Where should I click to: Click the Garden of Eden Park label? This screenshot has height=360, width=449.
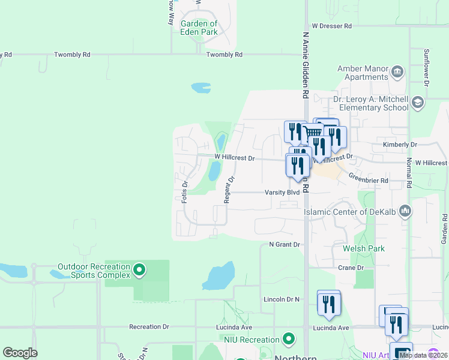tap(199, 28)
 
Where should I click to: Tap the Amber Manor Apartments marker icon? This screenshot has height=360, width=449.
tap(397, 73)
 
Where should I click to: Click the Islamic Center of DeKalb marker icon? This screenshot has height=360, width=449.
tap(406, 211)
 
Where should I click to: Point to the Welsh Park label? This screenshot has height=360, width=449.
tap(364, 248)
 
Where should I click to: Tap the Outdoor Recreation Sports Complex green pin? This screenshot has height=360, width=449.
tap(139, 271)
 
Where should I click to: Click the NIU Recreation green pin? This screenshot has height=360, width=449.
tap(289, 339)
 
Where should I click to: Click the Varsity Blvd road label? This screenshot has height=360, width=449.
tap(282, 193)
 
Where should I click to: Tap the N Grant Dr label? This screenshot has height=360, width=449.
tap(284, 245)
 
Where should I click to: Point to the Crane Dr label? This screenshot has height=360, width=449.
tap(351, 268)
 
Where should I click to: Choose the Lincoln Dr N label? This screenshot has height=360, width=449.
tap(281, 299)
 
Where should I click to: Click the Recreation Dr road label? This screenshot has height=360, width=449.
tap(149, 327)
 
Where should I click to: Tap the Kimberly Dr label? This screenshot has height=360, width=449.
tap(399, 145)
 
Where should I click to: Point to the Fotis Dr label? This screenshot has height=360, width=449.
tap(185, 191)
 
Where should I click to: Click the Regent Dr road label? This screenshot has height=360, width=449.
tap(229, 190)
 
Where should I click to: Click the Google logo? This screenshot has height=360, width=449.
tap(20, 353)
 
